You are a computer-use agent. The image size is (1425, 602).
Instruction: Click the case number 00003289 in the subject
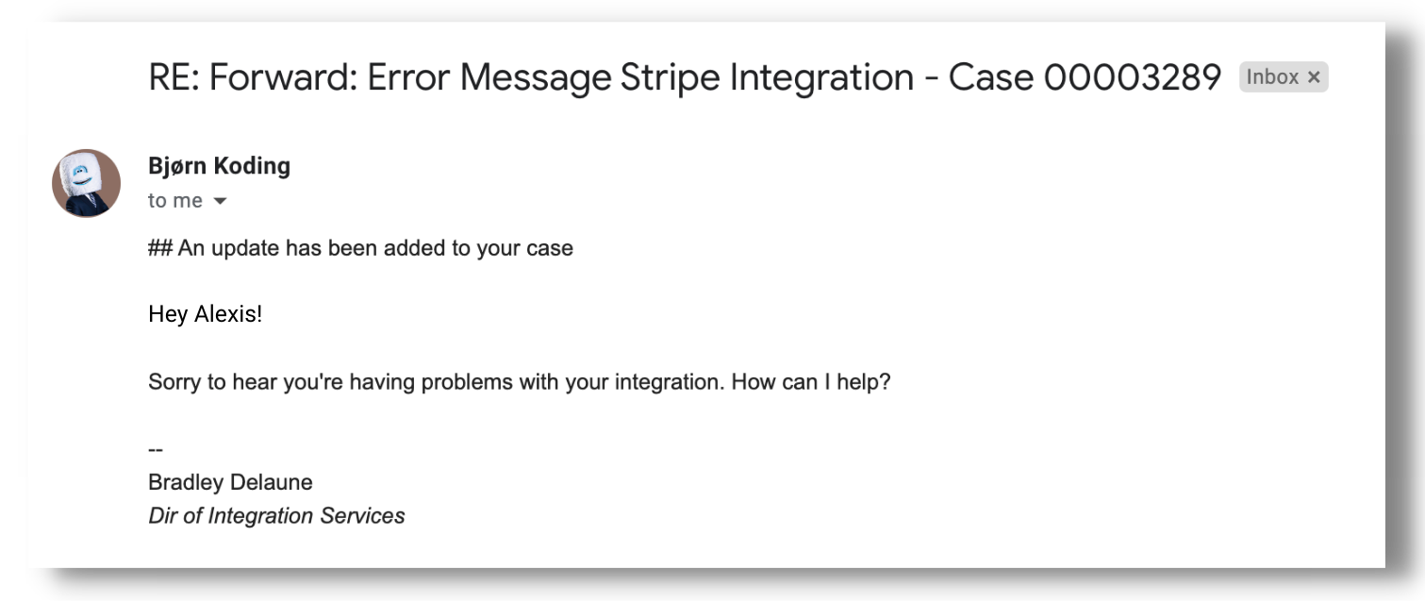point(1132,77)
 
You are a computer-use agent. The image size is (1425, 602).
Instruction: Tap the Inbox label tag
point(1272,77)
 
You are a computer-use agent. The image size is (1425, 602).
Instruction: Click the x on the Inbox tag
point(1314,78)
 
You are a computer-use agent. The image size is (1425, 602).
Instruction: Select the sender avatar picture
point(86,183)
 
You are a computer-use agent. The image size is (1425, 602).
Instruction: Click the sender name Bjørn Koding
point(219,166)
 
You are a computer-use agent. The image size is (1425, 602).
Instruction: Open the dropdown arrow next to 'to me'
point(221,201)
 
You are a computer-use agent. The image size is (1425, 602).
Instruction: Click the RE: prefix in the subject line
point(174,77)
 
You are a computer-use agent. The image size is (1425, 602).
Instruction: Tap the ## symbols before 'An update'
point(159,249)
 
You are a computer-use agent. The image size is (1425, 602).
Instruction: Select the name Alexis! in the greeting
point(228,314)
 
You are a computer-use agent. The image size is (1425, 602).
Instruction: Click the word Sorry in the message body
point(175,383)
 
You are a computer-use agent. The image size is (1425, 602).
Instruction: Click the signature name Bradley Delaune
point(230,483)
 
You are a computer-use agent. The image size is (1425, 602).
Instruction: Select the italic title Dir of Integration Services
point(276,516)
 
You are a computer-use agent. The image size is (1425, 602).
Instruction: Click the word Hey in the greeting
point(168,314)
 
